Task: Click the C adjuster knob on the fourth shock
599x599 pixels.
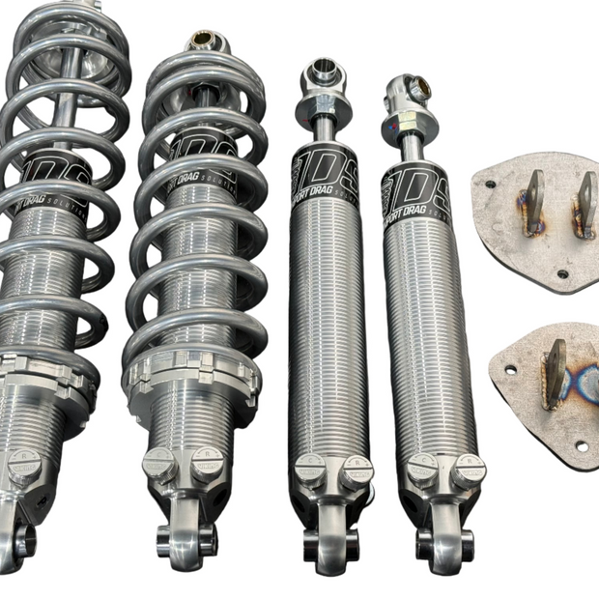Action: click(x=420, y=468)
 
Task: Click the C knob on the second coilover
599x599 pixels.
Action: click(x=157, y=463)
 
